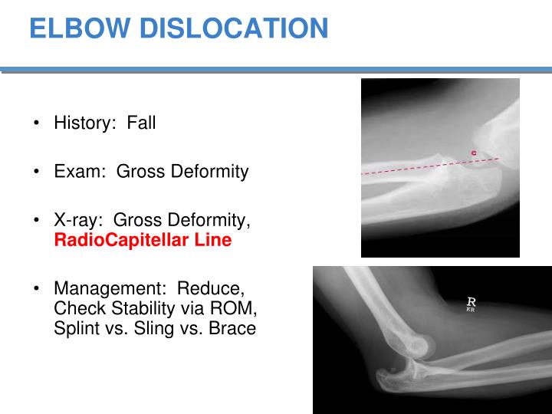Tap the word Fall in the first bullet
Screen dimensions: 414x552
(141, 123)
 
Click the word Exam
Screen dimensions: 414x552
(75, 171)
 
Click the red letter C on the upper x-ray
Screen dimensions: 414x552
(474, 154)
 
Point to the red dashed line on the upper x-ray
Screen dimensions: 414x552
(414, 169)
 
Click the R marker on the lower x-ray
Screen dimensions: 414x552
(472, 304)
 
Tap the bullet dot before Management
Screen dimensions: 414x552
(37, 290)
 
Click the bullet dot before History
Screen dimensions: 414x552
(37, 123)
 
